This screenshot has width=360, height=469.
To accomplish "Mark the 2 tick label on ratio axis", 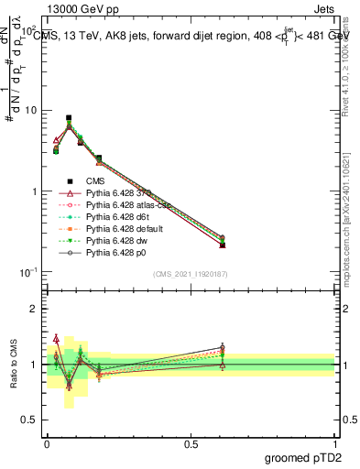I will tap(34, 310).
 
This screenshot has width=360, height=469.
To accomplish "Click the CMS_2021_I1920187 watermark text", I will tap(190, 273).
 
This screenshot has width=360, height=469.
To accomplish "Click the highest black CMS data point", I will tap(69, 118).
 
